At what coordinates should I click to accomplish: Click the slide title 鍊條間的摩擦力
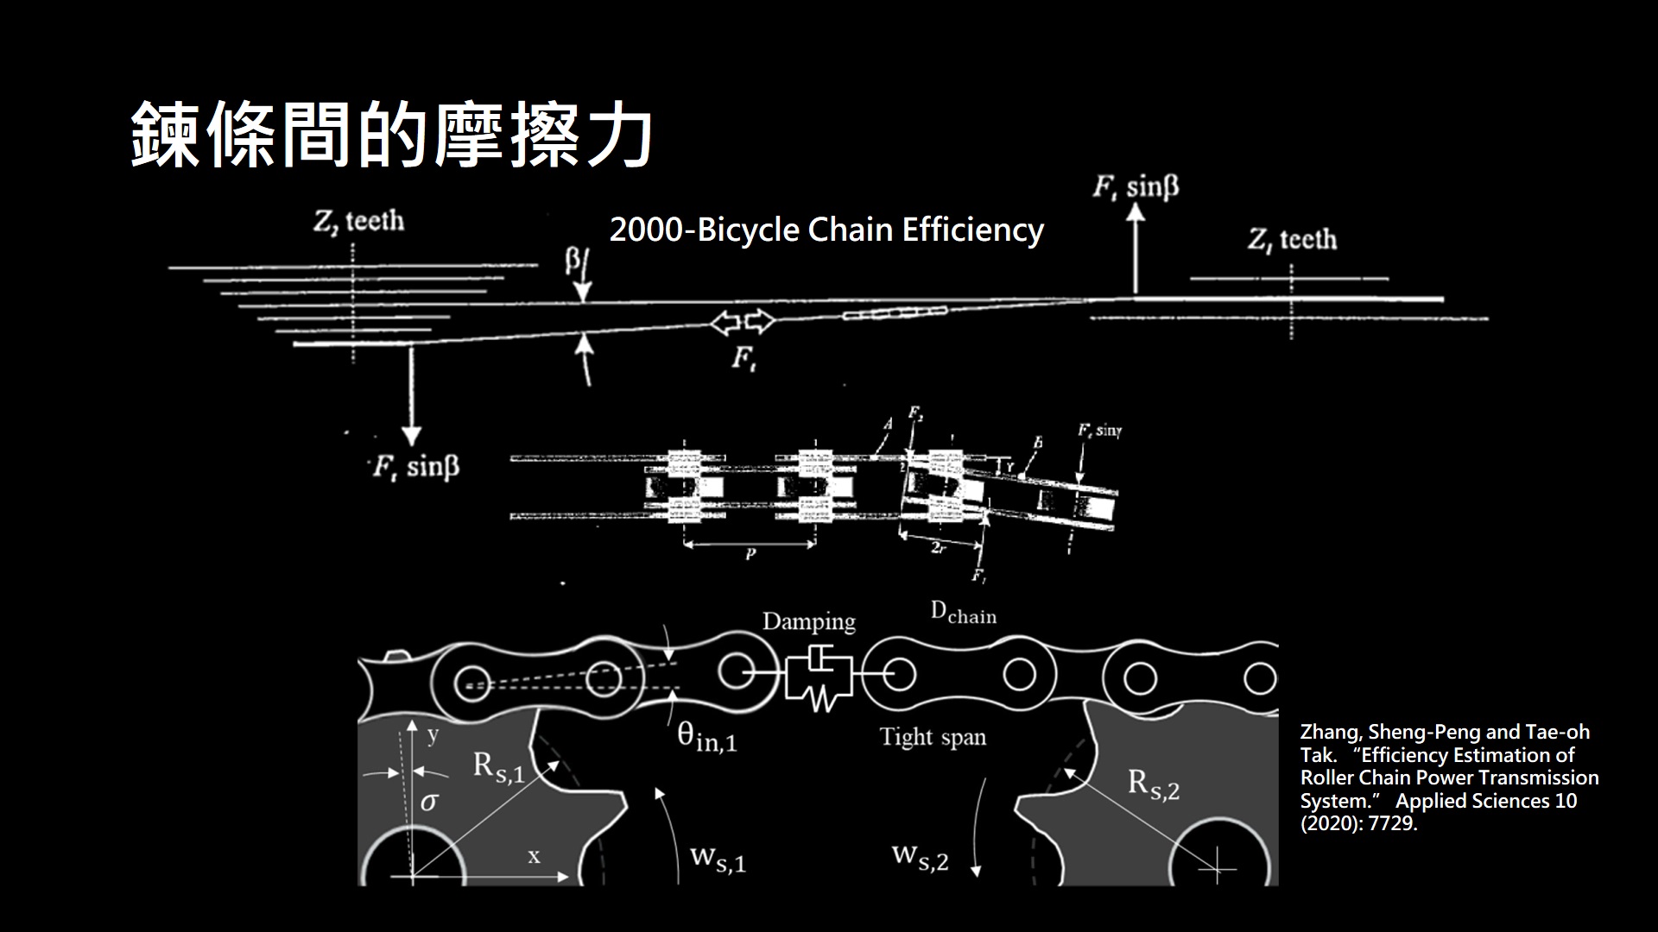[x=390, y=135]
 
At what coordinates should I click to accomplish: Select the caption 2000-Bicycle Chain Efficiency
[x=826, y=230]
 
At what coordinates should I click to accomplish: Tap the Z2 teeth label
[x=358, y=222]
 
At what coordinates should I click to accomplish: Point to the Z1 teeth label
[x=1292, y=239]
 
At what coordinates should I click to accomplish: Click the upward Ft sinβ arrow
[x=1136, y=246]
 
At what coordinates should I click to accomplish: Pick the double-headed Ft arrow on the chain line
[x=742, y=323]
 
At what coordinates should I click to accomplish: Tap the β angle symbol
[x=573, y=261]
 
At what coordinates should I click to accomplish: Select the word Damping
[x=808, y=621]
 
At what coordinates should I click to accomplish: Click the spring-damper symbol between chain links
[x=818, y=677]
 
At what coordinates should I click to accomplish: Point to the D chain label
[x=963, y=614]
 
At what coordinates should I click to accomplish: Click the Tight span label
[x=933, y=737]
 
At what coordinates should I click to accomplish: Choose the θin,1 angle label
[x=706, y=737]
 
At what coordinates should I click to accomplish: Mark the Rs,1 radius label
[x=498, y=767]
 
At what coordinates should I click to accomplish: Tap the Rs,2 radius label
[x=1154, y=784]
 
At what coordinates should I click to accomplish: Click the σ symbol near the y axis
[x=428, y=803]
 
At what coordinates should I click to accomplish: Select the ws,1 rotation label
[x=718, y=859]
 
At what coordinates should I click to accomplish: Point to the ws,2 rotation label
[x=920, y=857]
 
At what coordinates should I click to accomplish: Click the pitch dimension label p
[x=750, y=555]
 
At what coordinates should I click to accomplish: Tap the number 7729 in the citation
[x=1391, y=823]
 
